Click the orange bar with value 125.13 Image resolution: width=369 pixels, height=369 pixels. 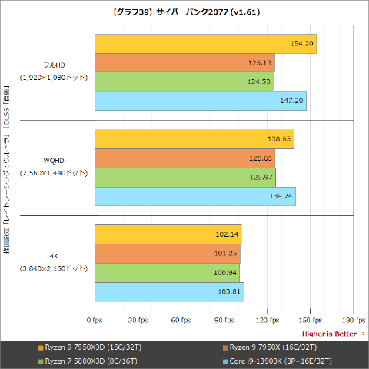click(x=184, y=63)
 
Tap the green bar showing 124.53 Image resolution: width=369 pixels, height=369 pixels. click(x=184, y=81)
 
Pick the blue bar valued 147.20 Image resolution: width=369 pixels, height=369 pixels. click(x=201, y=101)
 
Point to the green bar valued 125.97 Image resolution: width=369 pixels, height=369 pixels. click(x=185, y=178)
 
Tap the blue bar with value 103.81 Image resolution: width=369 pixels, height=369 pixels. click(x=169, y=291)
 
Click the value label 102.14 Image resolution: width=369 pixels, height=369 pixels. click(x=229, y=234)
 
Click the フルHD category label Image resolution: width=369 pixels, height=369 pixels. click(x=54, y=65)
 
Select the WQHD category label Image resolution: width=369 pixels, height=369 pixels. click(x=54, y=161)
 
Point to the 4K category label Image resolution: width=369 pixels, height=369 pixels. click(x=54, y=256)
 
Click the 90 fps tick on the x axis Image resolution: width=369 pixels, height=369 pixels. click(x=224, y=319)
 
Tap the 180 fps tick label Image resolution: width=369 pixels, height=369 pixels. click(x=353, y=319)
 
